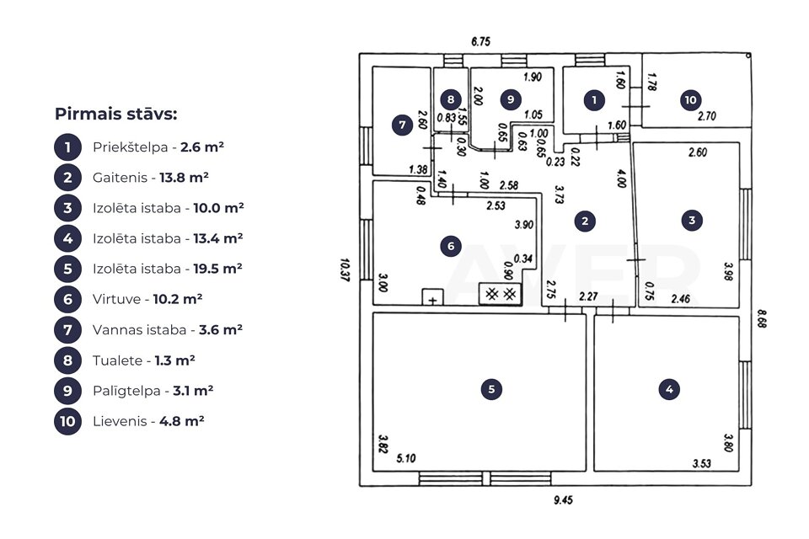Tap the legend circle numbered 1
click(x=67, y=147)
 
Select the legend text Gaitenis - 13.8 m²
click(x=151, y=178)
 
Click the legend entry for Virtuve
click(x=147, y=299)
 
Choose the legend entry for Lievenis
click(x=148, y=420)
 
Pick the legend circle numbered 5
click(x=67, y=269)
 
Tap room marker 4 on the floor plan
click(x=668, y=389)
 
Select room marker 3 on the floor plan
click(x=692, y=221)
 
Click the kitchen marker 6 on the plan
click(x=451, y=246)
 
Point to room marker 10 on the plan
click(x=690, y=100)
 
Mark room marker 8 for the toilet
click(x=451, y=99)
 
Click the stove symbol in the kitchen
click(x=501, y=294)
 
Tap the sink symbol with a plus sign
click(x=432, y=298)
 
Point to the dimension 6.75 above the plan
click(x=480, y=41)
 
